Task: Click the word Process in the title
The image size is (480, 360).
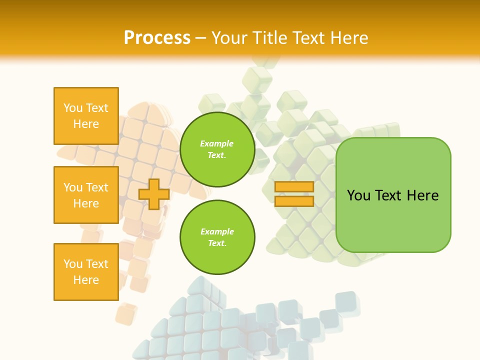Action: (x=157, y=38)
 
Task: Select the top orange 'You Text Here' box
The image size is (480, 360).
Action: (x=86, y=116)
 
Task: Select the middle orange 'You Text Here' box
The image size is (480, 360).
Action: (x=86, y=195)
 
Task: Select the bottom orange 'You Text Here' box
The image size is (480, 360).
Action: (x=86, y=271)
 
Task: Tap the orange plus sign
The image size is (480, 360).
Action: (x=154, y=194)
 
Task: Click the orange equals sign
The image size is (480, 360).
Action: (x=294, y=194)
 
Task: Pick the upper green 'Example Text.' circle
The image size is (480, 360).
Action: (x=217, y=149)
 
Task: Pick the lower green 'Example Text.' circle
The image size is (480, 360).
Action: (x=217, y=237)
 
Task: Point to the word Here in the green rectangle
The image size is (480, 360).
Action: (x=422, y=195)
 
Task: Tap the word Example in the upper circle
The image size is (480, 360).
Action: (x=216, y=144)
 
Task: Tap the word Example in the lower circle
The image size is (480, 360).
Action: (x=217, y=232)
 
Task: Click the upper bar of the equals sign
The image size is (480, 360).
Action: (x=294, y=187)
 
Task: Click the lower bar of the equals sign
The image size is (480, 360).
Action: (x=294, y=201)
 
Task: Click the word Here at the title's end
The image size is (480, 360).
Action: (x=349, y=38)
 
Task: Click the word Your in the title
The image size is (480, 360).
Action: (x=230, y=38)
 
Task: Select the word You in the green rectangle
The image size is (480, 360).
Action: (x=358, y=195)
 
